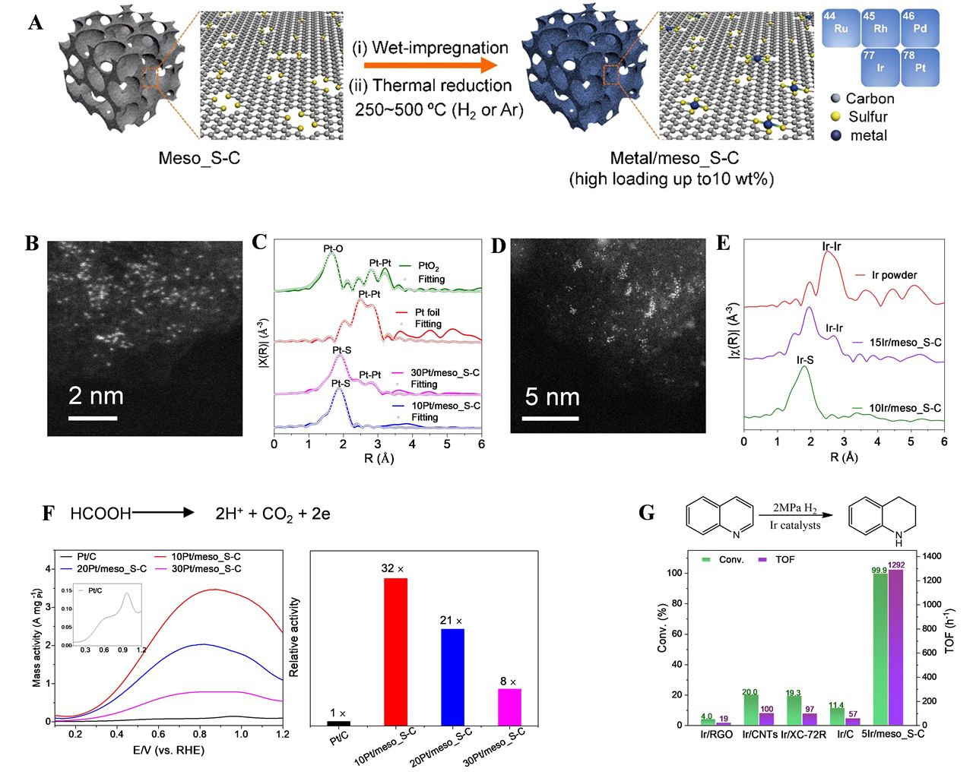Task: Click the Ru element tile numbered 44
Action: click(840, 28)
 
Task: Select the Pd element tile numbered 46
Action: click(920, 28)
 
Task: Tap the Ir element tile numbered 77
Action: click(880, 67)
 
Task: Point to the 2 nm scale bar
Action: click(93, 418)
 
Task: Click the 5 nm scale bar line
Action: click(552, 418)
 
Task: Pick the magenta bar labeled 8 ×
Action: click(509, 707)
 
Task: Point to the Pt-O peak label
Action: click(334, 249)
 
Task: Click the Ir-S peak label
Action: click(805, 360)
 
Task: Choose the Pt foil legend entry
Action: click(426, 312)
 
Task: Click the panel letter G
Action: click(647, 513)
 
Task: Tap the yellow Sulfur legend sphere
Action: click(836, 117)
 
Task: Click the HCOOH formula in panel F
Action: click(100, 514)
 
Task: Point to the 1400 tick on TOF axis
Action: click(932, 556)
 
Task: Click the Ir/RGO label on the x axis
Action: click(716, 735)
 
